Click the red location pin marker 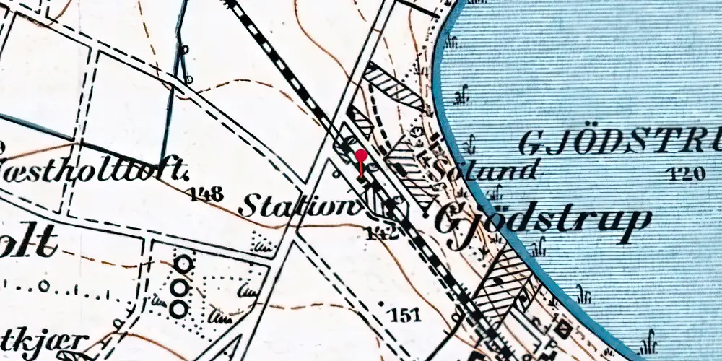(x=361, y=156)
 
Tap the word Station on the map (x=298, y=206)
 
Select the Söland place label (x=488, y=170)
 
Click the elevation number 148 (x=205, y=193)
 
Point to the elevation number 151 (x=404, y=314)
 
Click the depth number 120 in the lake (x=687, y=173)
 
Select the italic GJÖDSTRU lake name (x=621, y=142)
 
